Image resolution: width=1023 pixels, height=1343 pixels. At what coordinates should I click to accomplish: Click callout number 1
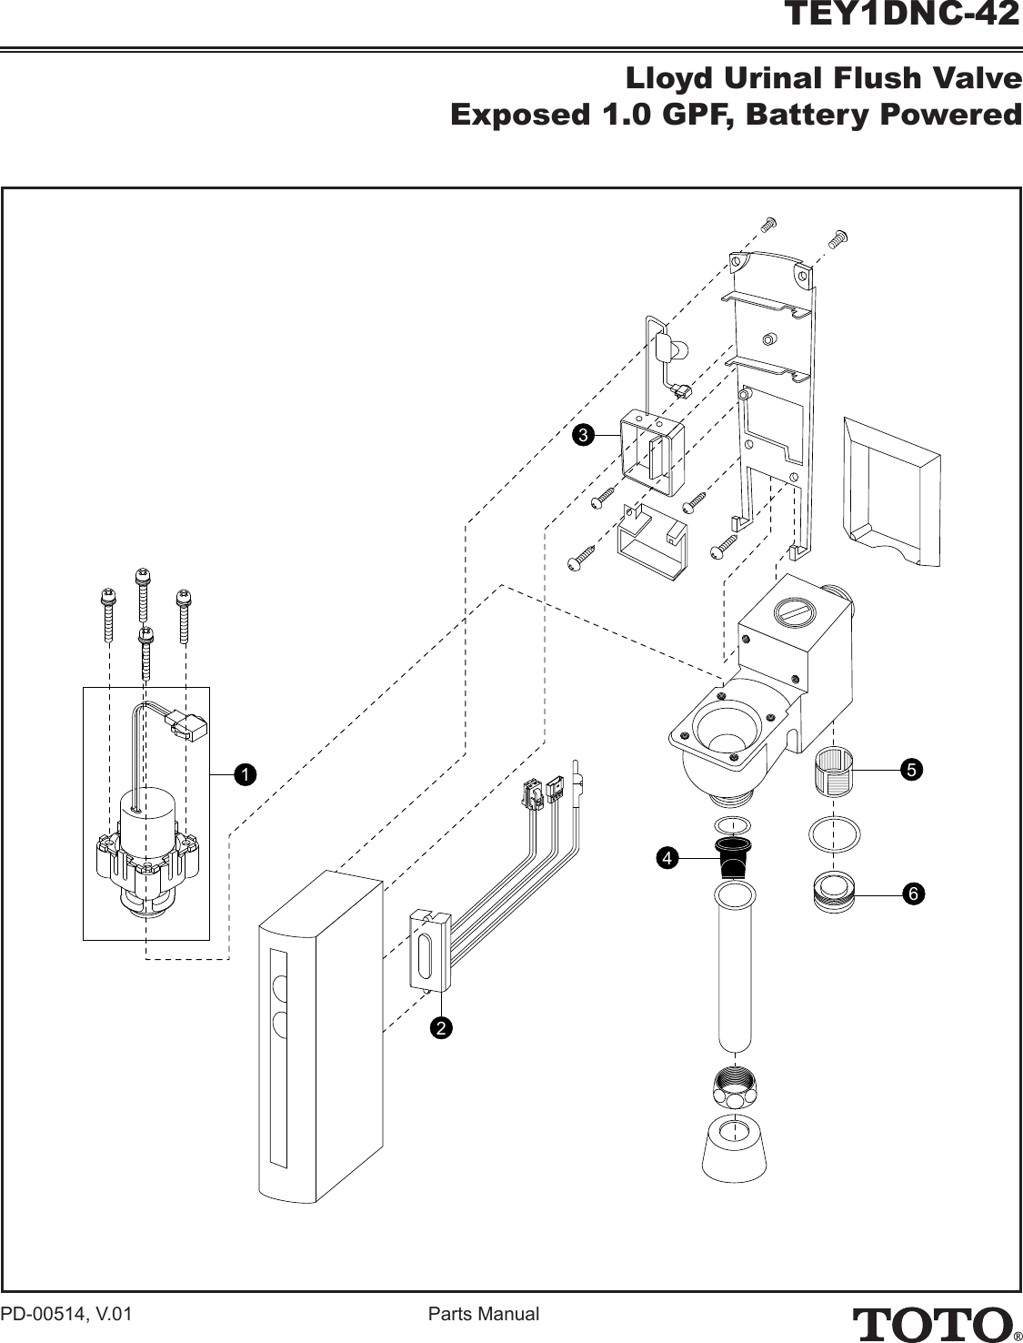[244, 774]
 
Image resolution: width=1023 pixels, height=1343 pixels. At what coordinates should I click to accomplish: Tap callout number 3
[583, 435]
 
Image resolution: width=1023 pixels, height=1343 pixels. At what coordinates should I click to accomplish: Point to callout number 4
[667, 859]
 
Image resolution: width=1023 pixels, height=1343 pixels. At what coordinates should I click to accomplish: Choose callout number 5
[911, 770]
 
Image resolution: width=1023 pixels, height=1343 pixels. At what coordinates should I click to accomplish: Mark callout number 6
[913, 894]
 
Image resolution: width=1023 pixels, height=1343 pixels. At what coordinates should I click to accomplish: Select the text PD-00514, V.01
[66, 1314]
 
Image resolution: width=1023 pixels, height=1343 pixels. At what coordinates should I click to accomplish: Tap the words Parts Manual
[484, 1314]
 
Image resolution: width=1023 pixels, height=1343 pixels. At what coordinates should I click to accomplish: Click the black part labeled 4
[733, 857]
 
